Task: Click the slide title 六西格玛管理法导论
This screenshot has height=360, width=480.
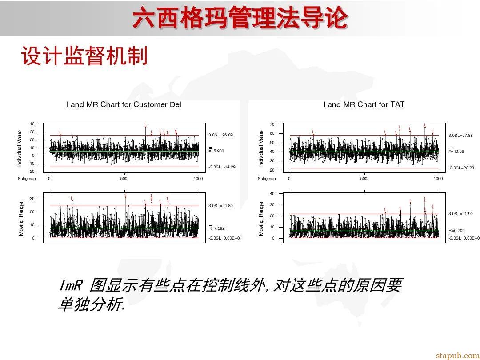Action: coord(240,18)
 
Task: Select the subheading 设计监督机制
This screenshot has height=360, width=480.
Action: coord(84,56)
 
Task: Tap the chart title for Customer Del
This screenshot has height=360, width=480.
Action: coord(124,104)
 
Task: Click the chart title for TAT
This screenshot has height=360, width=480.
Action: coord(364,104)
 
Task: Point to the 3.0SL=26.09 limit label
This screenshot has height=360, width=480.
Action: coord(220,135)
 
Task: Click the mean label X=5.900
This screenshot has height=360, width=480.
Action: coord(216,151)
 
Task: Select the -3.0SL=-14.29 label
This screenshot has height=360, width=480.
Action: coord(222,167)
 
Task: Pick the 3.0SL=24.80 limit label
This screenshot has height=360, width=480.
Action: coord(220,206)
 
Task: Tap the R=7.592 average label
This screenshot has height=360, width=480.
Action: coord(216,228)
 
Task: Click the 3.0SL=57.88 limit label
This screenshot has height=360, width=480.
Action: coord(461,135)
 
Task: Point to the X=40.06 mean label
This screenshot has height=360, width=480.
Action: coord(456,151)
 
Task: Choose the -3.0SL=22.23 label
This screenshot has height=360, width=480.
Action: coord(461,168)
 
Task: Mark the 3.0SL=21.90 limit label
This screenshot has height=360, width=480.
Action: coord(461,214)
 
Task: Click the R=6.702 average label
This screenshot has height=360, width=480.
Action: coord(456,230)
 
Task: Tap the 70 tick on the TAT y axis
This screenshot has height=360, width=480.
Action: coord(272,124)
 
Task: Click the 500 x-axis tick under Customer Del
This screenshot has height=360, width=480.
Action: coord(124,179)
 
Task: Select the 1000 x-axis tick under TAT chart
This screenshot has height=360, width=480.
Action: coord(438,179)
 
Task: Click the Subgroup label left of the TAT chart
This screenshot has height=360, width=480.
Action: coord(267,179)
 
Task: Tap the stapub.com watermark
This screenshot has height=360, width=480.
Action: coord(458,356)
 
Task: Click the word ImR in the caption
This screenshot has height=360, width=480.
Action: coord(70,285)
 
